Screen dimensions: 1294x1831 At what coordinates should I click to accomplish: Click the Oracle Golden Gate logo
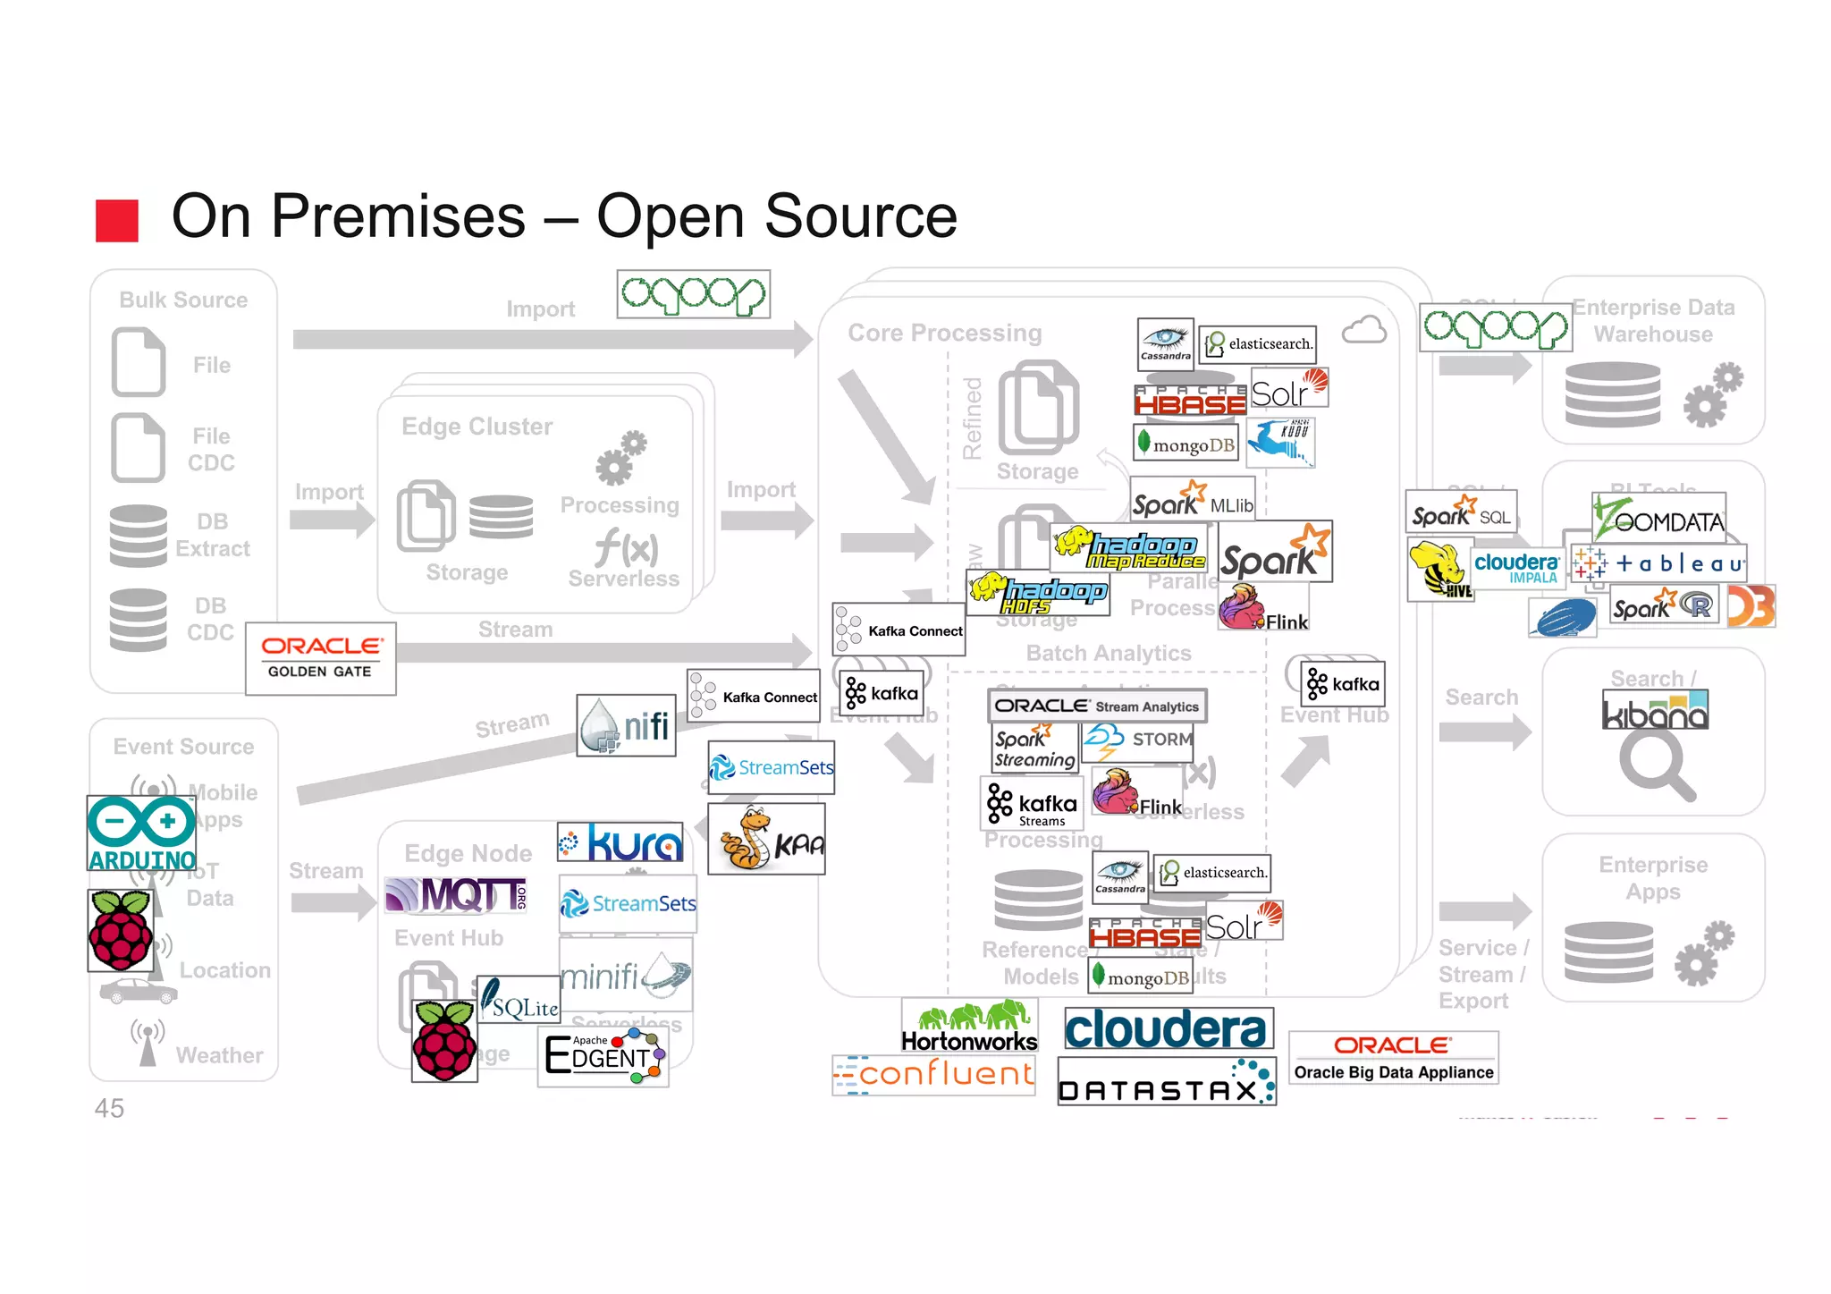pos(320,658)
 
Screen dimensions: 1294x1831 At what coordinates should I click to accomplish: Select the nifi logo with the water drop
pos(626,725)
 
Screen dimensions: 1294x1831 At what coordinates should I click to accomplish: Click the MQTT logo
pos(456,894)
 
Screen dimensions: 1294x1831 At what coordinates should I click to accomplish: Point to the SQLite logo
pos(519,1001)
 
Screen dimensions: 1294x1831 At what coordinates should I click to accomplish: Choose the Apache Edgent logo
pos(603,1056)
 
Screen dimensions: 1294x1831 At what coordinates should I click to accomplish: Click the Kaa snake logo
pos(766,839)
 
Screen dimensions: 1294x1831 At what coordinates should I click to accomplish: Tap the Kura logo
pos(620,842)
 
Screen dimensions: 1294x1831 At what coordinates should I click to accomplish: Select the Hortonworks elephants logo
pos(969,1026)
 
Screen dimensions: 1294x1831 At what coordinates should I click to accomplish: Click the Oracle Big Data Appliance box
pos(1393,1058)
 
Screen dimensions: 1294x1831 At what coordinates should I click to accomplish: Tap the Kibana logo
pos(1655,710)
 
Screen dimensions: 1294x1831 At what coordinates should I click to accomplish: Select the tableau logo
pos(1658,563)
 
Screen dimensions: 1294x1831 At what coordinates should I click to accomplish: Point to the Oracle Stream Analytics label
pos(1097,706)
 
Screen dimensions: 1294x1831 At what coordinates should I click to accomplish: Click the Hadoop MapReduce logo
pos(1128,548)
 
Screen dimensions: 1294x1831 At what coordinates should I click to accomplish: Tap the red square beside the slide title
pos(117,220)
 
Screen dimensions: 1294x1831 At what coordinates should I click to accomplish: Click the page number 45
pos(109,1108)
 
